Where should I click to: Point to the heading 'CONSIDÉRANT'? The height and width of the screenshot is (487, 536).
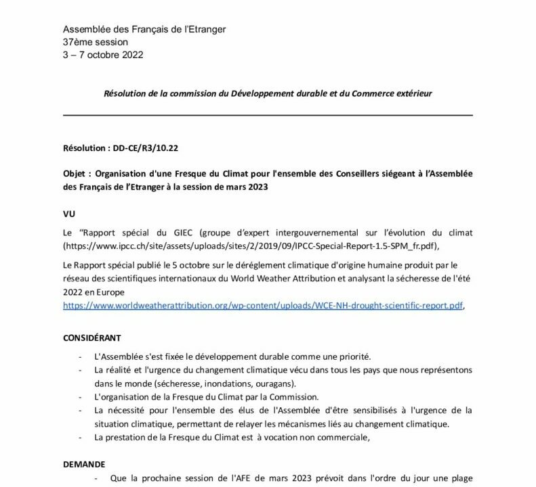point(92,336)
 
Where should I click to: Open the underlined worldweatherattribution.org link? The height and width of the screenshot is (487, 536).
point(263,306)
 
